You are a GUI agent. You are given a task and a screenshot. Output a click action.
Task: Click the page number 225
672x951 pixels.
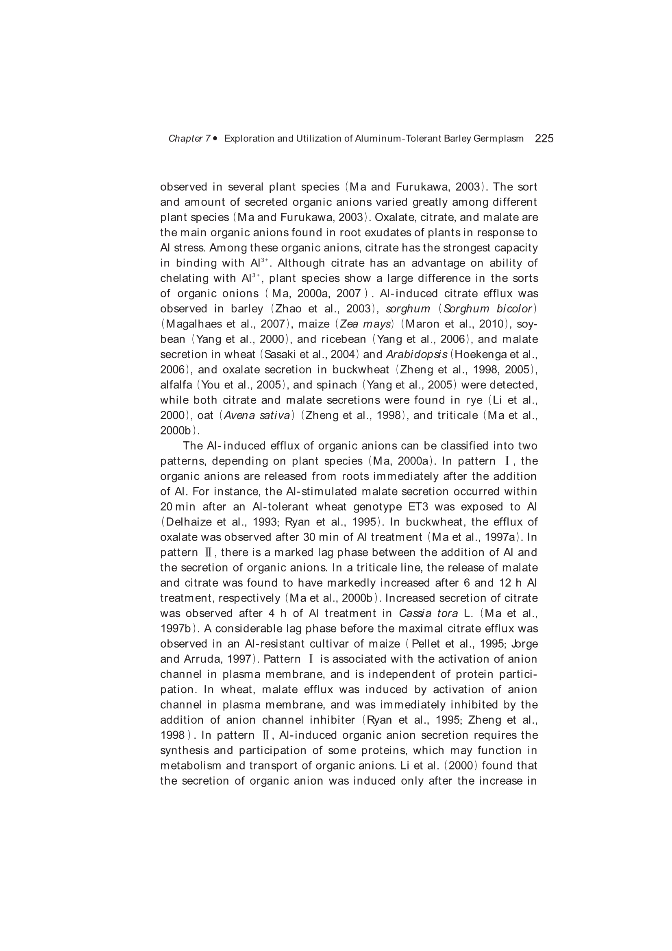[544, 138]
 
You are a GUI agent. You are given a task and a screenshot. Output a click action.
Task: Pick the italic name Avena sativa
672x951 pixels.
[257, 415]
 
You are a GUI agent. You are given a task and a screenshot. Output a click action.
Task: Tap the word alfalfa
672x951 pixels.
[176, 385]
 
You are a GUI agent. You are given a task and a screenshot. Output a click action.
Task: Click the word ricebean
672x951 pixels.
[344, 340]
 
